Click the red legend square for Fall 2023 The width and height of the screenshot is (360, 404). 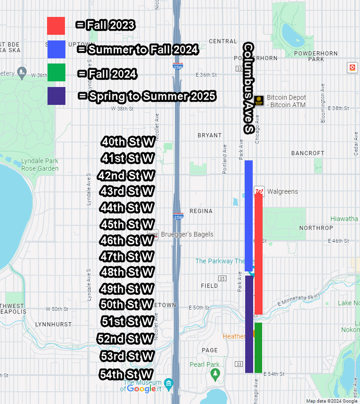click(x=56, y=26)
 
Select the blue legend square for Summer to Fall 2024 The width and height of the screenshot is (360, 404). click(x=56, y=49)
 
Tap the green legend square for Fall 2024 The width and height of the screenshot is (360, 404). click(x=56, y=73)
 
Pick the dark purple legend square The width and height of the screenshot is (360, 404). click(x=56, y=96)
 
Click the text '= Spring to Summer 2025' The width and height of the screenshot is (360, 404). click(x=147, y=96)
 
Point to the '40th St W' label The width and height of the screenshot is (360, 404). click(x=128, y=142)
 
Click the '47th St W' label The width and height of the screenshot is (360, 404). click(x=127, y=257)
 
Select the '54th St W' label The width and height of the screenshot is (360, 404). click(x=127, y=374)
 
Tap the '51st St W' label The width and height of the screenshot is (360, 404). click(x=128, y=322)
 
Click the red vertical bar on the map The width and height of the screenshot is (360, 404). click(x=258, y=254)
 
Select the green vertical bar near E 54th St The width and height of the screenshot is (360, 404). click(x=258, y=348)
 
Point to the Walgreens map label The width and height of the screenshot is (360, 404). click(x=282, y=191)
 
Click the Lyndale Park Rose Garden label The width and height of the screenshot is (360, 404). click(x=40, y=165)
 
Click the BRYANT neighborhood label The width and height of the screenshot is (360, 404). click(x=209, y=135)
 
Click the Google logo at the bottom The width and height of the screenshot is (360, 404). click(x=141, y=389)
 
